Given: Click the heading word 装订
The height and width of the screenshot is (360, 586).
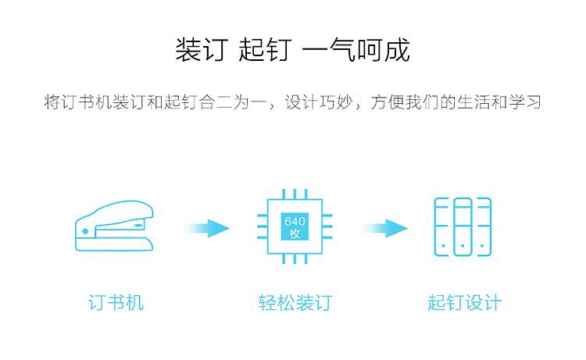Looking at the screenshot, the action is point(202,50).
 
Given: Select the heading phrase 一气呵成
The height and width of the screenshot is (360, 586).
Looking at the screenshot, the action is point(356,50).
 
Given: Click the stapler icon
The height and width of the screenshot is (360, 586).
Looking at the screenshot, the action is point(114,226).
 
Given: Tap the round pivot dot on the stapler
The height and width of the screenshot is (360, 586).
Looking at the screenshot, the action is point(85,231).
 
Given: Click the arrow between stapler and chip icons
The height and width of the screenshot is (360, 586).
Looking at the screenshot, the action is point(206,228).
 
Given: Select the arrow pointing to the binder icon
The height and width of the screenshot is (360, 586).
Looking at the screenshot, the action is point(384,228).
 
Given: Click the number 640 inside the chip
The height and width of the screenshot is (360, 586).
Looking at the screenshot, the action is point(295,221).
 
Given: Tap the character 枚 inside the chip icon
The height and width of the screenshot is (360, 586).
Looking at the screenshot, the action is point(295,233).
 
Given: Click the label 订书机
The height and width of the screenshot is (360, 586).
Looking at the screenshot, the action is point(116,302).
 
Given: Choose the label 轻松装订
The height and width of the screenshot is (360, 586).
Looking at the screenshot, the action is point(295,302).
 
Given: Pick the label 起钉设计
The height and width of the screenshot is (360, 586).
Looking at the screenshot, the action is point(464,302).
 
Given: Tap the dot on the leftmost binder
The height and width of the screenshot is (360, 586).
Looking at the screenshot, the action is point(444,246).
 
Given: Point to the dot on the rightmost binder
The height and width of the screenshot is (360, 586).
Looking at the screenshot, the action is point(482,246).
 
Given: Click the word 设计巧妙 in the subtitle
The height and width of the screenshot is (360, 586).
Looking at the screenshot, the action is point(319,102).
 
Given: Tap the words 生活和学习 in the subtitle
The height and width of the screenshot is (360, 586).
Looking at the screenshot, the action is point(499,102).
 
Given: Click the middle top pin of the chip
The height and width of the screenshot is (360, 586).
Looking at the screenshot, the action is point(295,194).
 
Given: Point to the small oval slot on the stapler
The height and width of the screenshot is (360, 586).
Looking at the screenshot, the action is point(138,225).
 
